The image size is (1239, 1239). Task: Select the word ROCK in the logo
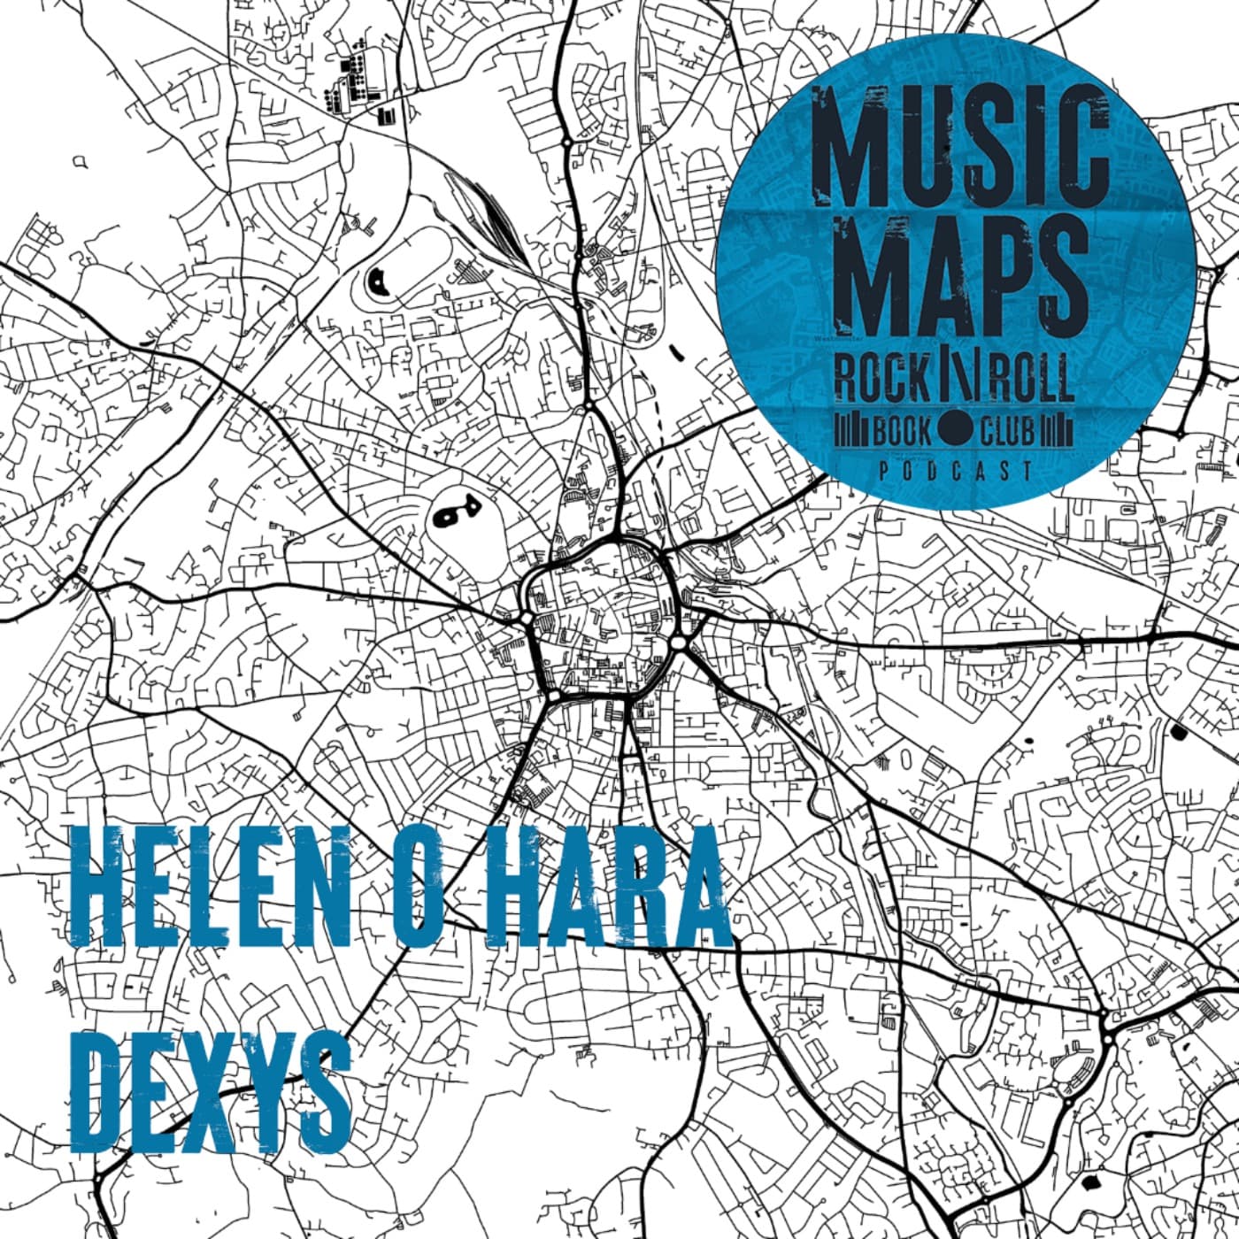881,380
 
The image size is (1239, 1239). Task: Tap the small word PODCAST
956,472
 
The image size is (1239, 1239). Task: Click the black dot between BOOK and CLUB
955,432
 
